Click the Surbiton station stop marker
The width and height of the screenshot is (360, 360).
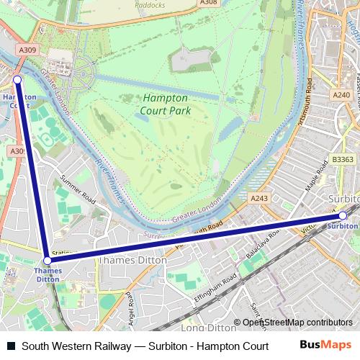point(343,215)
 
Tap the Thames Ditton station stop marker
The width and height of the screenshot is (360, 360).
point(47,261)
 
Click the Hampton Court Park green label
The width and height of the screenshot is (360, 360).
point(165,104)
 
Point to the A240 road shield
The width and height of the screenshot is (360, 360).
point(341,94)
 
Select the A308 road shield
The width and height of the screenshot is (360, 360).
point(208,3)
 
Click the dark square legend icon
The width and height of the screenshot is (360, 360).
point(9,346)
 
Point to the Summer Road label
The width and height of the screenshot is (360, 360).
point(78,187)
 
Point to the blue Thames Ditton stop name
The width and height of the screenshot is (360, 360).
point(48,275)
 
